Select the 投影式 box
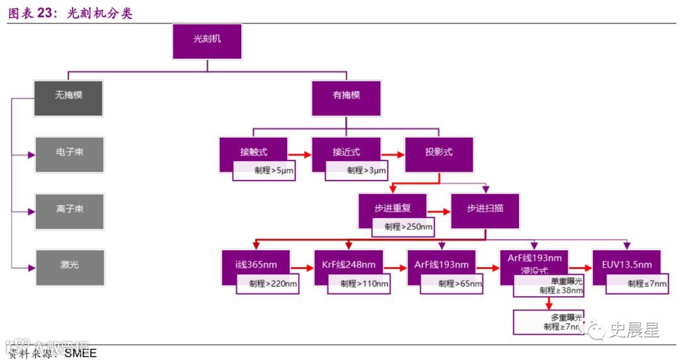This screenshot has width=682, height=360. tap(439, 152)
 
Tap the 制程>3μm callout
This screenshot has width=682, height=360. tap(357, 171)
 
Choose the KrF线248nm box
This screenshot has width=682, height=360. tap(349, 263)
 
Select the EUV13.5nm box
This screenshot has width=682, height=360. tap(626, 263)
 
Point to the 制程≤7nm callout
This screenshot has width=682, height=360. tap(638, 284)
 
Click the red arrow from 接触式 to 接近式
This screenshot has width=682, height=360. tap(300, 154)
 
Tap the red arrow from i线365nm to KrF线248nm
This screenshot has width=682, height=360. tap(302, 268)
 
